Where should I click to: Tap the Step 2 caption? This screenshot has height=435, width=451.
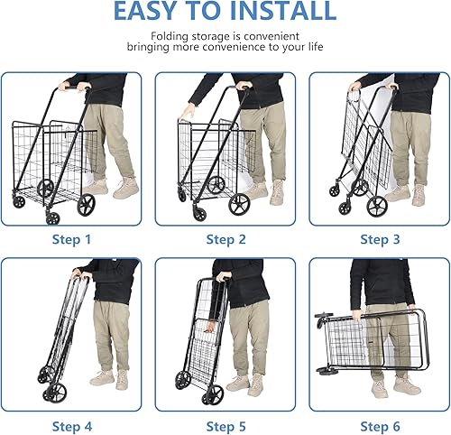click(x=225, y=239)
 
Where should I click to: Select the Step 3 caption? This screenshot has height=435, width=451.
click(x=380, y=239)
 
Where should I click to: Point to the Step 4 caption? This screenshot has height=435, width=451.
click(x=72, y=425)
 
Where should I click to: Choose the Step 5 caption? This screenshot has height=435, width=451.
click(x=225, y=425)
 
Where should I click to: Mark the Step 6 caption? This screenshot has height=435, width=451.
click(x=380, y=425)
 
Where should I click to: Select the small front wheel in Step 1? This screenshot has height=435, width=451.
click(x=50, y=217)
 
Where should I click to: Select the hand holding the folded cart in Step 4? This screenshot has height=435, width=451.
click(x=78, y=272)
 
